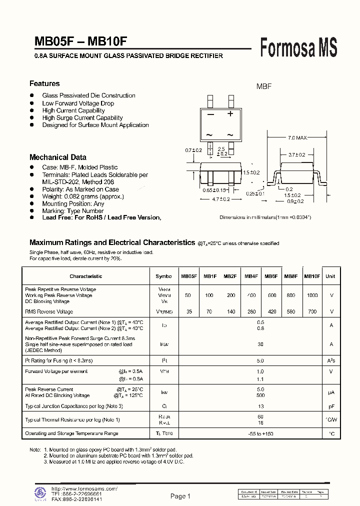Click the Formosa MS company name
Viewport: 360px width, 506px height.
[299, 48]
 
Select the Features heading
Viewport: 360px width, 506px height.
[44, 83]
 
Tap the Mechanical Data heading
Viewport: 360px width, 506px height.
[58, 157]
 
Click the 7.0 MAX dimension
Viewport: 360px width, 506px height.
[297, 137]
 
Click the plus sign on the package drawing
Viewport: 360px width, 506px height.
[230, 113]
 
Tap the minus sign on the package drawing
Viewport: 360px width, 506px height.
[210, 114]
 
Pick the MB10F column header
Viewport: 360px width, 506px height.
[312, 276]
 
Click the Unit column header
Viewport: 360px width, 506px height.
[330, 276]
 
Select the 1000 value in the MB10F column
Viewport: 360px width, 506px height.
[312, 295]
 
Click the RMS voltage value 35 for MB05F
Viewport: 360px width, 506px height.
[188, 311]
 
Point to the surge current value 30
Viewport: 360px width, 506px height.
[260, 344]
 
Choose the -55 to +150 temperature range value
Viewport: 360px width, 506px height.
[260, 433]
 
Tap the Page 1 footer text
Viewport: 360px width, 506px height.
[180, 496]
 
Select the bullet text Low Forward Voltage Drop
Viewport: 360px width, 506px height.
[78, 103]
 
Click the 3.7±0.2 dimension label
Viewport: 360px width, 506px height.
[297, 155]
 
